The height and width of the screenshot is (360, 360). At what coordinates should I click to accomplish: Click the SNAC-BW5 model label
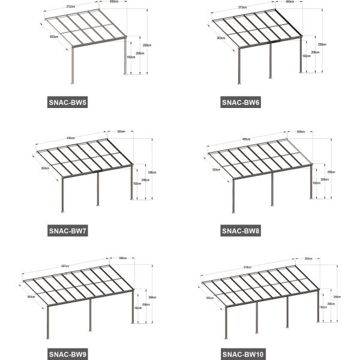(67, 103)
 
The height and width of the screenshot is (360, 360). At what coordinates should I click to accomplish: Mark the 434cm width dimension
(70, 138)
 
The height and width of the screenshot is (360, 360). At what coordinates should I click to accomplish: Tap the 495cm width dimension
(246, 139)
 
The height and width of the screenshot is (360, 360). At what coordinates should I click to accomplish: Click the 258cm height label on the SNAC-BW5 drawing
(148, 45)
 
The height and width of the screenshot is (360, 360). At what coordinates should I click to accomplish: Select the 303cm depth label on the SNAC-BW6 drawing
(221, 38)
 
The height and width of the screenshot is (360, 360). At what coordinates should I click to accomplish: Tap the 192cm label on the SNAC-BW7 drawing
(137, 184)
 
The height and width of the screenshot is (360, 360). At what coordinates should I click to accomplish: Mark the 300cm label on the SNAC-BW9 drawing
(122, 259)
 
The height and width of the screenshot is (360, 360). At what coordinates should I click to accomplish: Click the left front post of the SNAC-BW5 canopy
(73, 63)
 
